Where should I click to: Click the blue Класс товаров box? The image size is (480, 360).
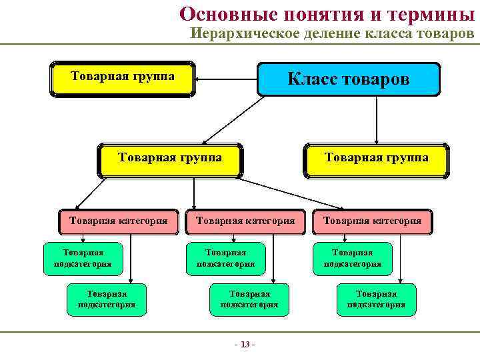click(x=349, y=80)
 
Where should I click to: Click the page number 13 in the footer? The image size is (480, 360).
click(x=245, y=344)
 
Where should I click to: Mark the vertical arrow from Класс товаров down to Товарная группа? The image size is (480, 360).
click(x=377, y=120)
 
